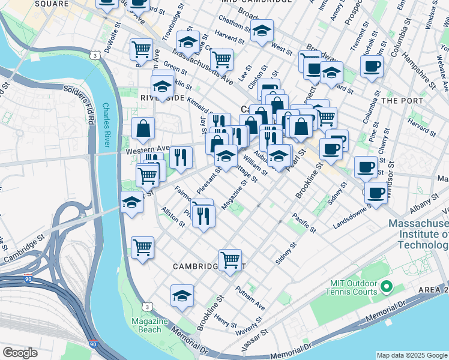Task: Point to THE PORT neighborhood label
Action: pos(402,101)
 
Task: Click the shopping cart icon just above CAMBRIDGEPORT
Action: pos(230,260)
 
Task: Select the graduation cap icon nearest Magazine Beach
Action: pos(182,295)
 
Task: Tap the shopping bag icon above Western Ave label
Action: pos(143,128)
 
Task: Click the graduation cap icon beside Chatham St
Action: pos(262,31)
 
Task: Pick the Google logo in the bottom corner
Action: pos(20,353)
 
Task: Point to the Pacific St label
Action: pos(304,222)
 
